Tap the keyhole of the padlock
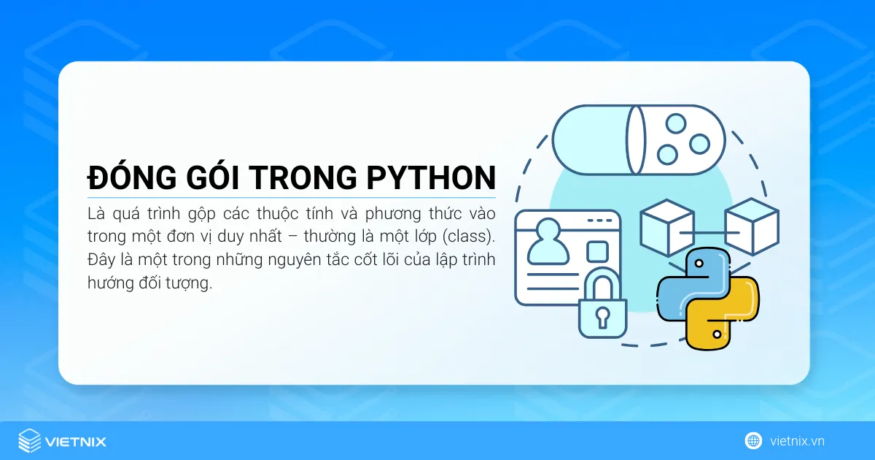point(602,316)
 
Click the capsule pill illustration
point(638,139)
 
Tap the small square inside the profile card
point(598,250)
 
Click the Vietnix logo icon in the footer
point(30,441)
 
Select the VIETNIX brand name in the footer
point(76,442)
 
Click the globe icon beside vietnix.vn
point(753,441)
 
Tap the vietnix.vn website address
point(797,441)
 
